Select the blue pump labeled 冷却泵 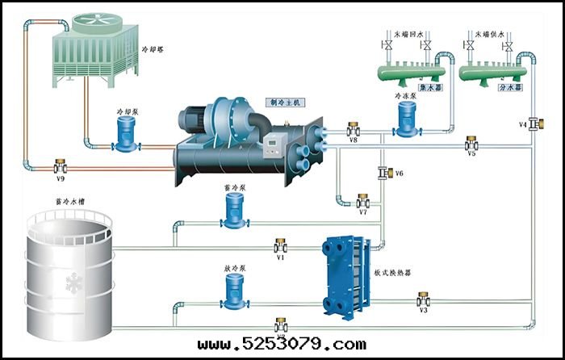(x=125, y=134)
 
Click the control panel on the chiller (x=273, y=146)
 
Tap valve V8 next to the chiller (x=354, y=129)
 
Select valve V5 (x=471, y=144)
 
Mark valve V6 (x=383, y=173)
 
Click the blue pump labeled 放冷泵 (x=234, y=290)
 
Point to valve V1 (x=281, y=245)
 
